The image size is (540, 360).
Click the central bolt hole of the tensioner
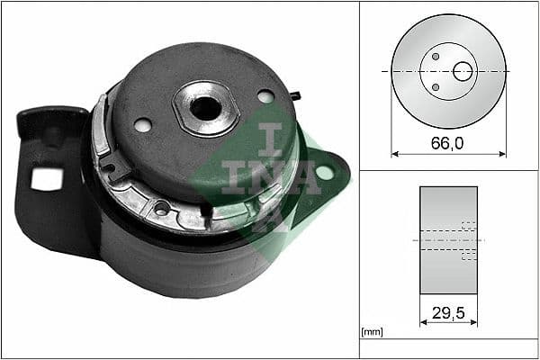[206, 108]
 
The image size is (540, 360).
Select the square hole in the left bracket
[41, 179]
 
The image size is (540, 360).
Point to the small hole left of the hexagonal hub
[142, 125]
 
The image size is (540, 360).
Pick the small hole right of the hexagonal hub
[265, 95]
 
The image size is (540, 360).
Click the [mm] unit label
[371, 332]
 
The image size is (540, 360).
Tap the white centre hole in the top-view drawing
[463, 71]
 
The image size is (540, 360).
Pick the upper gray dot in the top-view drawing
[436, 56]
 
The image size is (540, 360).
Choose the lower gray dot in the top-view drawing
[436, 87]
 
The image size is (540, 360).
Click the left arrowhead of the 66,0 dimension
[394, 154]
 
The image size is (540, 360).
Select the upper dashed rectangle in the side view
[467, 226]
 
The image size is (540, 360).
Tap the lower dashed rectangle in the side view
[467, 256]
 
